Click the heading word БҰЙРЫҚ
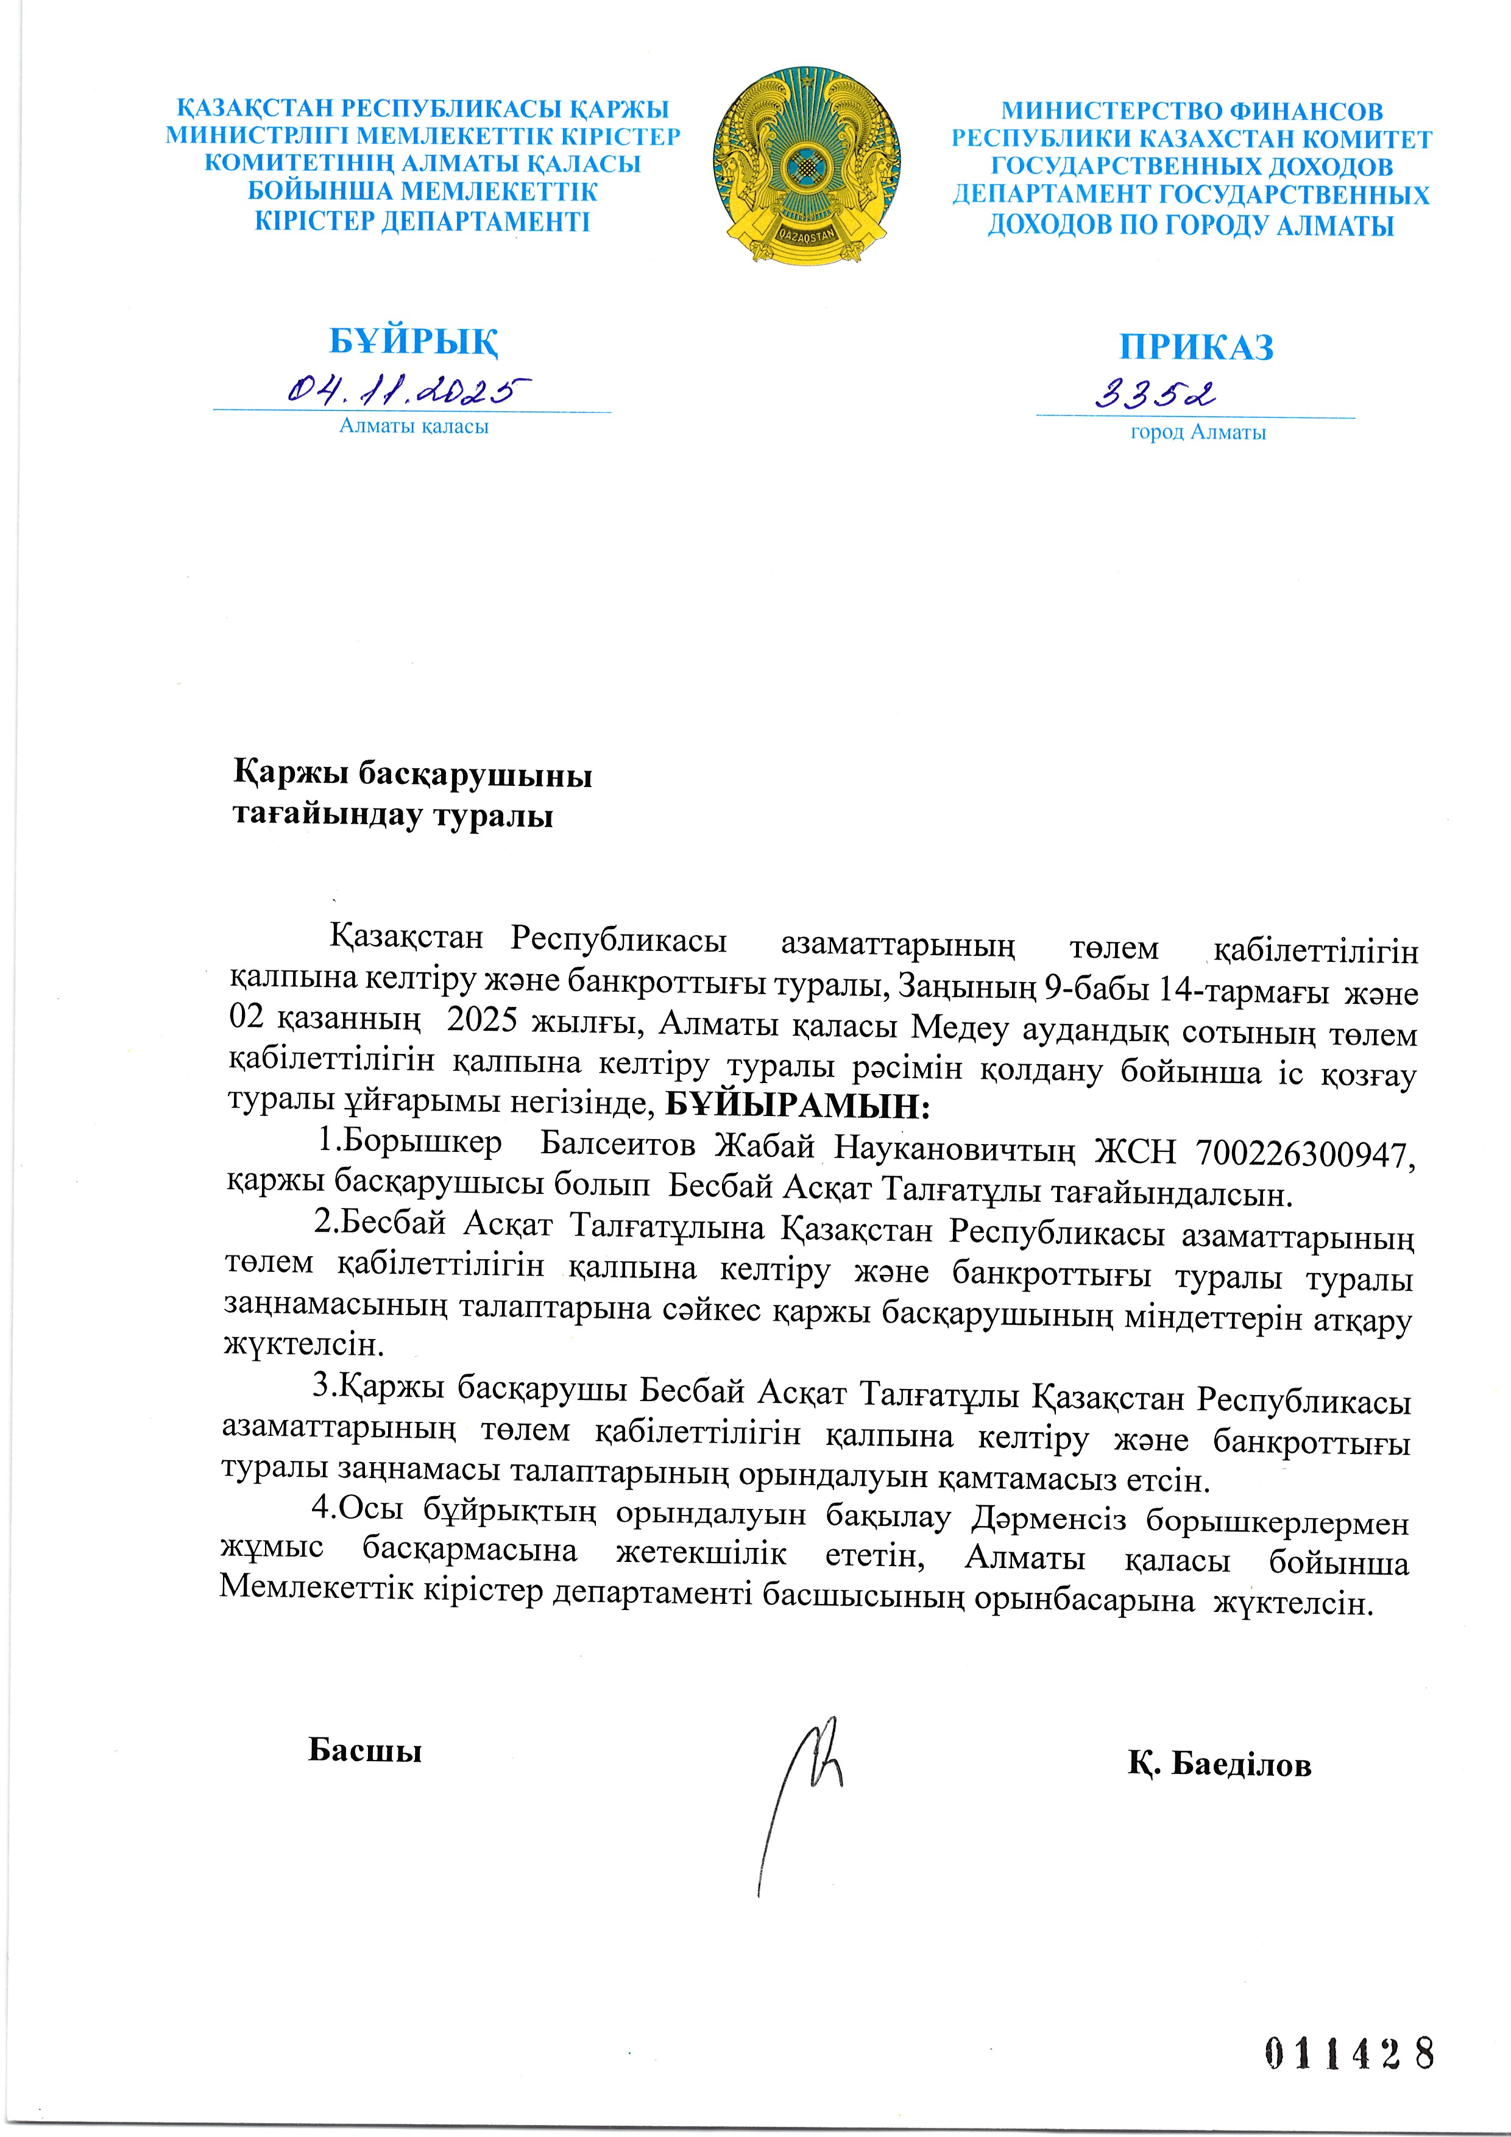pos(413,342)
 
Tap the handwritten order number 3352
pos(1155,395)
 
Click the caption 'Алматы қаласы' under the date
pos(413,427)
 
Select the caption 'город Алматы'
pos(1197,433)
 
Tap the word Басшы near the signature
pos(365,1751)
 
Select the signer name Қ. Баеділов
pos(1220,1764)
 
